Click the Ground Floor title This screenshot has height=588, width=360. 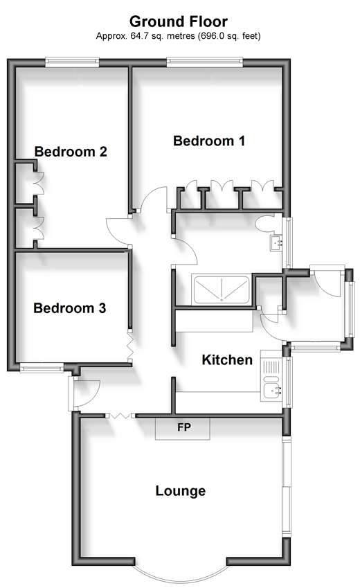pos(179,21)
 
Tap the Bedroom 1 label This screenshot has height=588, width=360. pos(209,141)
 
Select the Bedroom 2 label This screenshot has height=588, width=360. pos(71,152)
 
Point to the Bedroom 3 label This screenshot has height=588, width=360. pos(70,308)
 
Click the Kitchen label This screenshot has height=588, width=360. pos(227,360)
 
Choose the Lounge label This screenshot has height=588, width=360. pos(181,491)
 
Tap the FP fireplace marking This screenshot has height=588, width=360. pos(184,427)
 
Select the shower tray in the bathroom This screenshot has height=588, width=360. pos(221,289)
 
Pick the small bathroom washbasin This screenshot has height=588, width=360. pos(276,243)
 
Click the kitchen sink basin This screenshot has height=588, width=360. pos(271,391)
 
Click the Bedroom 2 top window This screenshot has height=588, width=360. pos(72,62)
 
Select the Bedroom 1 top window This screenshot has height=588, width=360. pos(204,62)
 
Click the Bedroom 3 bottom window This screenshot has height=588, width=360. pos(42,368)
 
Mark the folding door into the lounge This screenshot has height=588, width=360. pos(120,415)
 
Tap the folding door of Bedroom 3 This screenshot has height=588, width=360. pos(129,345)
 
